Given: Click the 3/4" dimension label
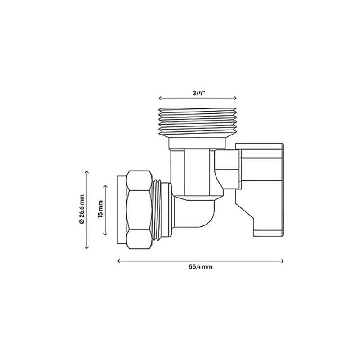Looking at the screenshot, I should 198,93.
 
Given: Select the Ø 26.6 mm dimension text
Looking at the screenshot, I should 81,210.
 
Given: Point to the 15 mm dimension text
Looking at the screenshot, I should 100,210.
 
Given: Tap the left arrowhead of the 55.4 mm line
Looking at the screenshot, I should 118,260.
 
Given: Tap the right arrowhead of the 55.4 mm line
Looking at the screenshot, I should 282,260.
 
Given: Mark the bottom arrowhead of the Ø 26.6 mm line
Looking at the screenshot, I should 86,247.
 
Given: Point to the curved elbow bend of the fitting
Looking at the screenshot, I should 202,216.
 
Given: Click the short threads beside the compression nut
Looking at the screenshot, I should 160,210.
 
